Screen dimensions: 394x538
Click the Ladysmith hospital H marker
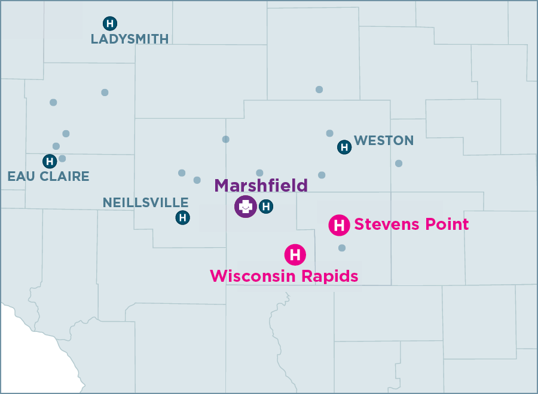click(x=110, y=23)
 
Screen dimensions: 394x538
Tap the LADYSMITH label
click(x=130, y=39)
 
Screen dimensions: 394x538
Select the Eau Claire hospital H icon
click(x=50, y=161)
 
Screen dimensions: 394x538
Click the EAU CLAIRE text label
click(x=48, y=176)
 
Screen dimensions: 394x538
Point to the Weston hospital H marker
click(x=344, y=147)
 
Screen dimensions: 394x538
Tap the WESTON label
click(x=384, y=141)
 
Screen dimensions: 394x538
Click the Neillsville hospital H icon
click(x=182, y=218)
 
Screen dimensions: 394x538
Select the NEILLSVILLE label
click(x=146, y=202)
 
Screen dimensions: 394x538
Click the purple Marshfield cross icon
click(x=245, y=207)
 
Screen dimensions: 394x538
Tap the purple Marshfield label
click(x=261, y=185)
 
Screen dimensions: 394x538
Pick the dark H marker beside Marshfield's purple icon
click(x=267, y=207)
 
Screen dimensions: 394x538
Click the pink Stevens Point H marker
click(x=339, y=225)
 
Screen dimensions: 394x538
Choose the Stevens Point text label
click(x=411, y=224)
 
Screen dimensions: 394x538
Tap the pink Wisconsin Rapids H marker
click(x=295, y=255)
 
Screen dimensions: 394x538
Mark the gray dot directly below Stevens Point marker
click(x=342, y=248)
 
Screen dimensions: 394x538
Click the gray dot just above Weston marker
click(x=329, y=133)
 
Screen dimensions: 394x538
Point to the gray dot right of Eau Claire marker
click(x=62, y=159)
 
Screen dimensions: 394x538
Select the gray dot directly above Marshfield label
click(x=259, y=173)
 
